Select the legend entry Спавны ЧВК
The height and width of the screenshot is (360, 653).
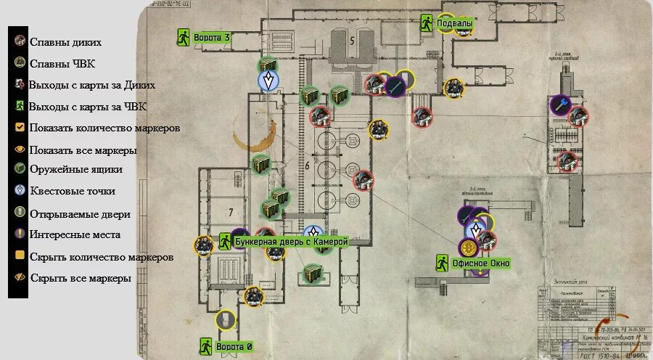coord(62,64)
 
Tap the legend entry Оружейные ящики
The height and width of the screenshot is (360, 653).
coord(75,169)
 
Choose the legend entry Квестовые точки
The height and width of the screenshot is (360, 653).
coord(76,191)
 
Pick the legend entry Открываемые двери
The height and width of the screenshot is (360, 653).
coord(80,214)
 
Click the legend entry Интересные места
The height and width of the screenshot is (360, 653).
coord(75,234)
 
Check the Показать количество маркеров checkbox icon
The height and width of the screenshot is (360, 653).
coord(20,128)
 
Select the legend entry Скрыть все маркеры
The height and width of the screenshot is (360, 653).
coord(80,277)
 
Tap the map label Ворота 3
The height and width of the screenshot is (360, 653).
coord(212,38)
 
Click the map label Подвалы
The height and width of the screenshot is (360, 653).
coord(455,24)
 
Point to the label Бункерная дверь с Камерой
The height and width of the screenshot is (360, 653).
coord(292,241)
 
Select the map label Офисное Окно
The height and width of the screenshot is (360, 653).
coord(481,263)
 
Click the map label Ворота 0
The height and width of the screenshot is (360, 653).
coord(234,347)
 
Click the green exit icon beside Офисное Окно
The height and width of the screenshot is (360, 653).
coord(442,262)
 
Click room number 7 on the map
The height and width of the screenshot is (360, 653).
coord(231,213)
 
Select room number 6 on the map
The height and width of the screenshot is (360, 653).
coord(307,166)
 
